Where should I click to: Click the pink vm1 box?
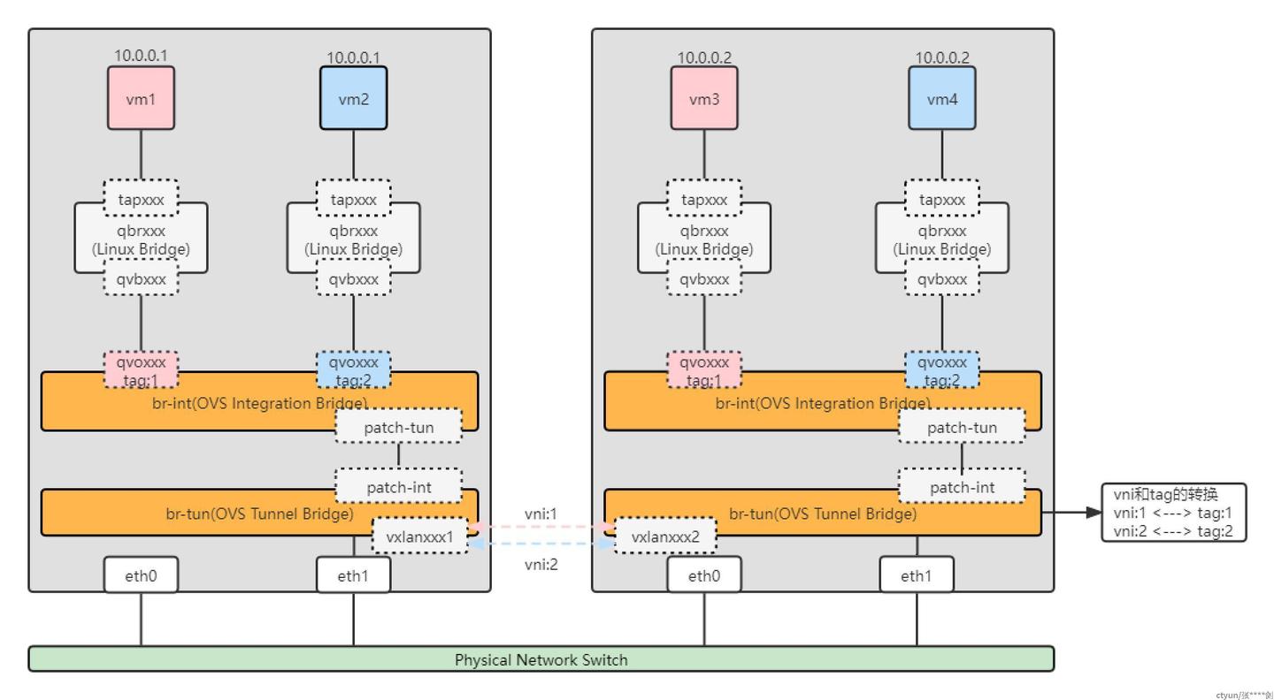click(141, 98)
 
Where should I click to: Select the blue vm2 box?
click(353, 98)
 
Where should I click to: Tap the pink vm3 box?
click(704, 98)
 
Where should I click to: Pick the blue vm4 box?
click(941, 98)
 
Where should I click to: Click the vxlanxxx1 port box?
click(419, 536)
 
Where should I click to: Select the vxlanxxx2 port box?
click(664, 536)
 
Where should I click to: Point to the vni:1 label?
click(541, 514)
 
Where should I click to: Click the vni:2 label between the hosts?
click(541, 564)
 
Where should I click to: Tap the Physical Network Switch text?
click(541, 659)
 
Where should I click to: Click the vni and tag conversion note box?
click(1173, 513)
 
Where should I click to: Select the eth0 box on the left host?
click(141, 575)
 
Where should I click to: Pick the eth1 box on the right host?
click(916, 575)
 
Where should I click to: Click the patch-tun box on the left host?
click(398, 427)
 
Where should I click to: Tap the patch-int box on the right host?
click(962, 487)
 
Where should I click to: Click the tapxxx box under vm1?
click(141, 199)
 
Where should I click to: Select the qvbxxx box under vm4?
click(941, 279)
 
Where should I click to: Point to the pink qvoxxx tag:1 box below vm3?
click(704, 369)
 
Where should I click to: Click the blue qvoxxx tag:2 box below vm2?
click(353, 369)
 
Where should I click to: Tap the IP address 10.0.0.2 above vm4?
click(941, 57)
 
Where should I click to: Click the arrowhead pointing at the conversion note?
click(1093, 512)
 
